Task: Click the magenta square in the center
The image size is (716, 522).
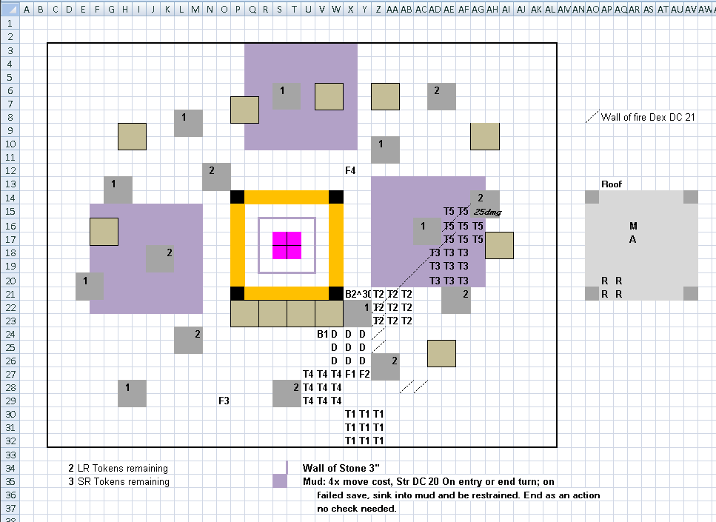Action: (x=287, y=245)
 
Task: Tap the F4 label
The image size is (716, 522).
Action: (x=350, y=171)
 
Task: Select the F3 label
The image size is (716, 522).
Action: (x=224, y=401)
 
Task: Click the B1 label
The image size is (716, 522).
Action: (x=322, y=334)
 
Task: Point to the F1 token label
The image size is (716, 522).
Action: (x=350, y=375)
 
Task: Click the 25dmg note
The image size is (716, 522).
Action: (x=488, y=212)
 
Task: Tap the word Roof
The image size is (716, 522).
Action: (x=612, y=184)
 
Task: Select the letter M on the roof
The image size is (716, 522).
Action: (x=633, y=226)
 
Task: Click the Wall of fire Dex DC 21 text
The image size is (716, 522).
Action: (x=648, y=118)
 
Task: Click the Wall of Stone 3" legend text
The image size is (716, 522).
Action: (x=341, y=468)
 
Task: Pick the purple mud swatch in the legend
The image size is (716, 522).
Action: (x=280, y=481)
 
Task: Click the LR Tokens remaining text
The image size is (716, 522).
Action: (x=123, y=468)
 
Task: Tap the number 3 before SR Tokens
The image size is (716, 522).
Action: (x=71, y=481)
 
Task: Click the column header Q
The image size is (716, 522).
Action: (x=252, y=9)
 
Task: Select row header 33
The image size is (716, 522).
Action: (x=10, y=455)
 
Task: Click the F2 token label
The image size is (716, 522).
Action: (x=364, y=375)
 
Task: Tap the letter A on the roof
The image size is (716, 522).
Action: (x=632, y=239)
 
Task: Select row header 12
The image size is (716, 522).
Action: (x=10, y=171)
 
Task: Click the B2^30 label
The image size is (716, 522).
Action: (x=358, y=294)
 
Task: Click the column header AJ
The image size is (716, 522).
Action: (x=521, y=9)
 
